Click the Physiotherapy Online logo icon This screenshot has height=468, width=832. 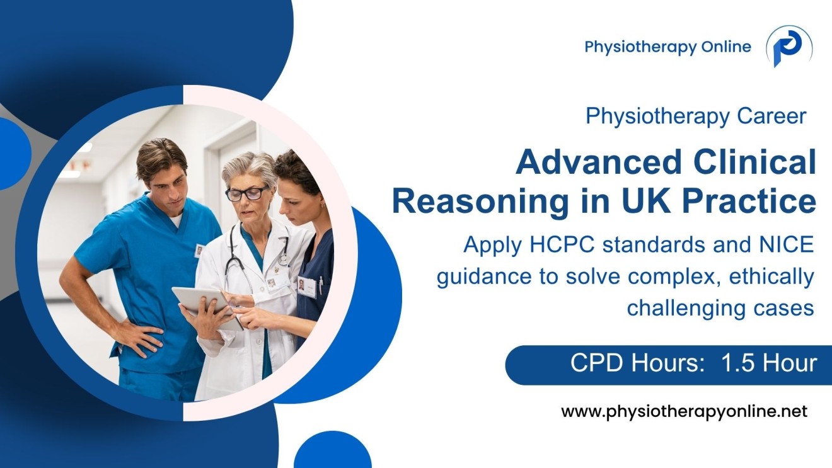788,47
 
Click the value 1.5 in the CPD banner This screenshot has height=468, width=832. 737,364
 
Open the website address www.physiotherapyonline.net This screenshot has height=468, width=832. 684,413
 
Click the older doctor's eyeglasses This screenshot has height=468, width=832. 246,192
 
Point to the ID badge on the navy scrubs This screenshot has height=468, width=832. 307,287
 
